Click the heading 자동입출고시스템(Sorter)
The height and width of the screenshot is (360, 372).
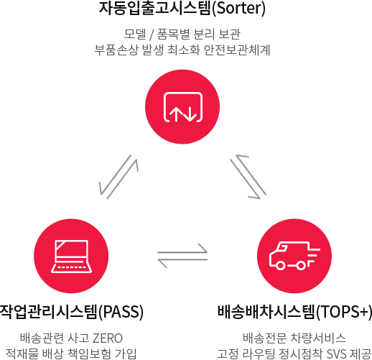182,8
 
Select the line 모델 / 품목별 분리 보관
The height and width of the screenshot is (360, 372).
182,34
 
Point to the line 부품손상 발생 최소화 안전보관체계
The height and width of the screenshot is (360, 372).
182,50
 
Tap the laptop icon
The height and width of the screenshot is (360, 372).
71,257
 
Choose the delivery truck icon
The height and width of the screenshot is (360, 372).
294,256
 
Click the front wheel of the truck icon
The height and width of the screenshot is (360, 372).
280,265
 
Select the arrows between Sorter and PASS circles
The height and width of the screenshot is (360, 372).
118,177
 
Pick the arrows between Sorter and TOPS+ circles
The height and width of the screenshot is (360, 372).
248,177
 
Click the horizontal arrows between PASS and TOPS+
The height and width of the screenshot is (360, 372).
182,256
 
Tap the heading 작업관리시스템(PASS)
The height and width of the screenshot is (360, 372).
71,312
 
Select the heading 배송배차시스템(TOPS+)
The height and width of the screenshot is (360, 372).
294,312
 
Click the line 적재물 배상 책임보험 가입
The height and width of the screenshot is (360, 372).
71,354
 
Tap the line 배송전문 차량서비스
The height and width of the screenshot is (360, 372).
294,338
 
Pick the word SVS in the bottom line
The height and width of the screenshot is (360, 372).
337,354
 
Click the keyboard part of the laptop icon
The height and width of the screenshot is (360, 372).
71,268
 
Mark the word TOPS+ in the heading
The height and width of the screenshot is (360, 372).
344,312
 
